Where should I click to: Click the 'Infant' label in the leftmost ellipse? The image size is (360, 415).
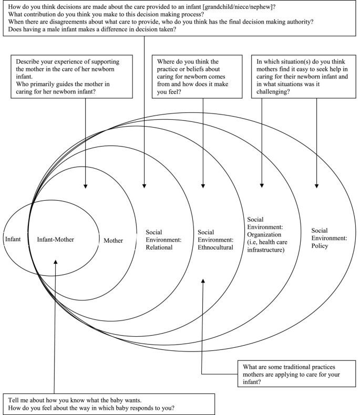[x=12, y=239]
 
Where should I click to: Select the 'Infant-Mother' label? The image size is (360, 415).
[x=55, y=240]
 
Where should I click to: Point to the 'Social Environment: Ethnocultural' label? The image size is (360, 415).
[x=214, y=239]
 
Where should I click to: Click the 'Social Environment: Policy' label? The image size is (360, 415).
[x=329, y=238]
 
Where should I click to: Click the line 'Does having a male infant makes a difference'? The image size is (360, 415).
[x=89, y=30]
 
